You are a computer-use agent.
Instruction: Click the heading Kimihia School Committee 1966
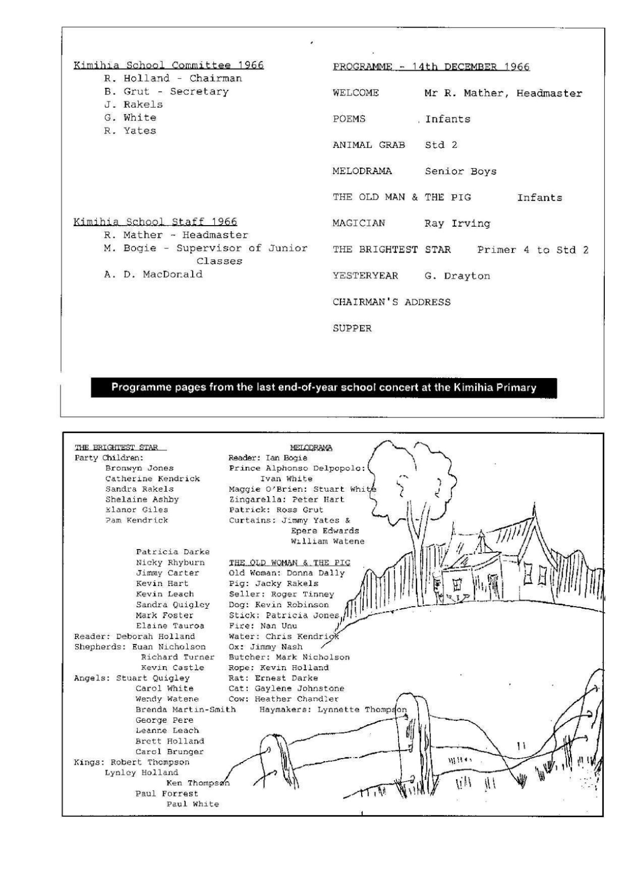coord(169,65)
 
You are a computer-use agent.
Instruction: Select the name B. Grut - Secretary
coord(166,91)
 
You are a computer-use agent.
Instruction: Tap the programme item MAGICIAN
coord(359,223)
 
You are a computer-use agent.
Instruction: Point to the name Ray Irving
coord(457,224)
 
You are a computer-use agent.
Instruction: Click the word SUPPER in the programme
coord(352,328)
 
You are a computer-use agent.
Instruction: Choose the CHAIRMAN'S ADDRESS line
coord(391,302)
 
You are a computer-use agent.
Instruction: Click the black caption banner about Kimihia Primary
coord(323,387)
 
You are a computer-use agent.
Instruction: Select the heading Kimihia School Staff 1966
coord(155,222)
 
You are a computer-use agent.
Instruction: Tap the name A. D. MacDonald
coord(153,274)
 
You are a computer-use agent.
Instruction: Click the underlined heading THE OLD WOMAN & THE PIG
coord(289,562)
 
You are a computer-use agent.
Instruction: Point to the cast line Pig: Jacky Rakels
coord(273,584)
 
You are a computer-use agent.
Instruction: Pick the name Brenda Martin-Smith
coord(185,709)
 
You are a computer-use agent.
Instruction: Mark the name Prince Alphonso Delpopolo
coord(297,468)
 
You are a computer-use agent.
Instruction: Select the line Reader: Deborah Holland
coord(134,636)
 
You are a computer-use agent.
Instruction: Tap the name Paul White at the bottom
coord(192,804)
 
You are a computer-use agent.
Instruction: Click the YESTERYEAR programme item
coord(365,276)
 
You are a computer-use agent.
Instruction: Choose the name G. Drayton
coord(457,276)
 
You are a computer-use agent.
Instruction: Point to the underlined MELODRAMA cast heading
coord(311,447)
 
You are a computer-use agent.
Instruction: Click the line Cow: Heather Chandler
coord(283,699)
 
